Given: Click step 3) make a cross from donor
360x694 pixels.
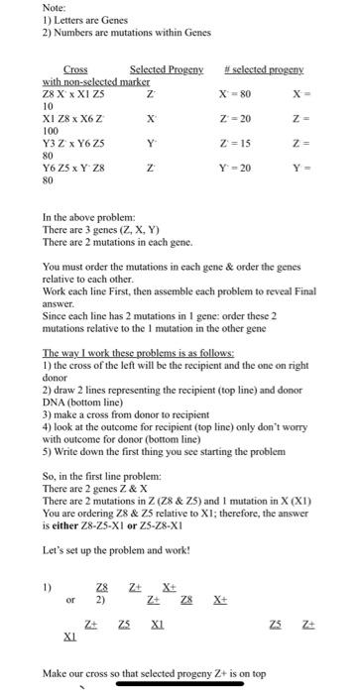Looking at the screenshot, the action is click(109, 405).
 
